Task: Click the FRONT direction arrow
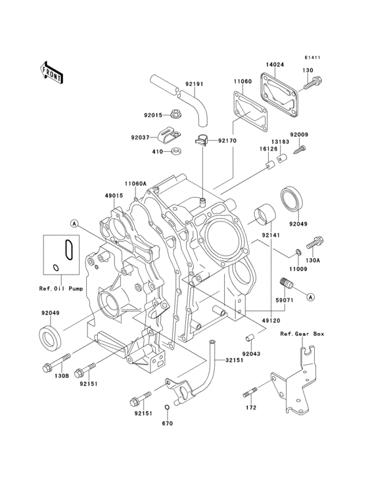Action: click(52, 72)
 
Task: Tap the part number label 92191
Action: click(193, 83)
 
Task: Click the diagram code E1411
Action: click(312, 57)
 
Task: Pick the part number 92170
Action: click(227, 141)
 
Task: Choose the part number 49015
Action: click(113, 195)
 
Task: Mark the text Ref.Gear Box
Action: click(303, 334)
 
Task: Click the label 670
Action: click(167, 424)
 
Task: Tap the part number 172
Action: click(250, 408)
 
